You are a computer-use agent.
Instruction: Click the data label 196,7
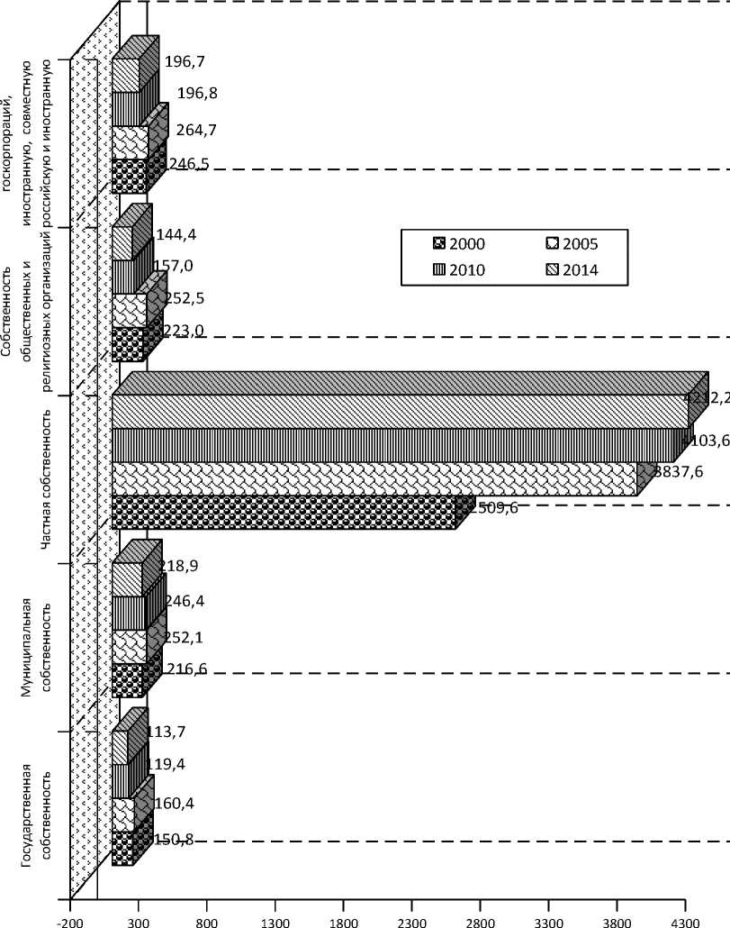tap(184, 60)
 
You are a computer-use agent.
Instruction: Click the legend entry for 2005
tap(573, 243)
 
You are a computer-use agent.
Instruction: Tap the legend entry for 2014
tap(573, 269)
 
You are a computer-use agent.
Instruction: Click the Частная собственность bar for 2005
tap(374, 478)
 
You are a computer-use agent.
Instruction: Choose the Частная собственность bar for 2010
tap(392, 445)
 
